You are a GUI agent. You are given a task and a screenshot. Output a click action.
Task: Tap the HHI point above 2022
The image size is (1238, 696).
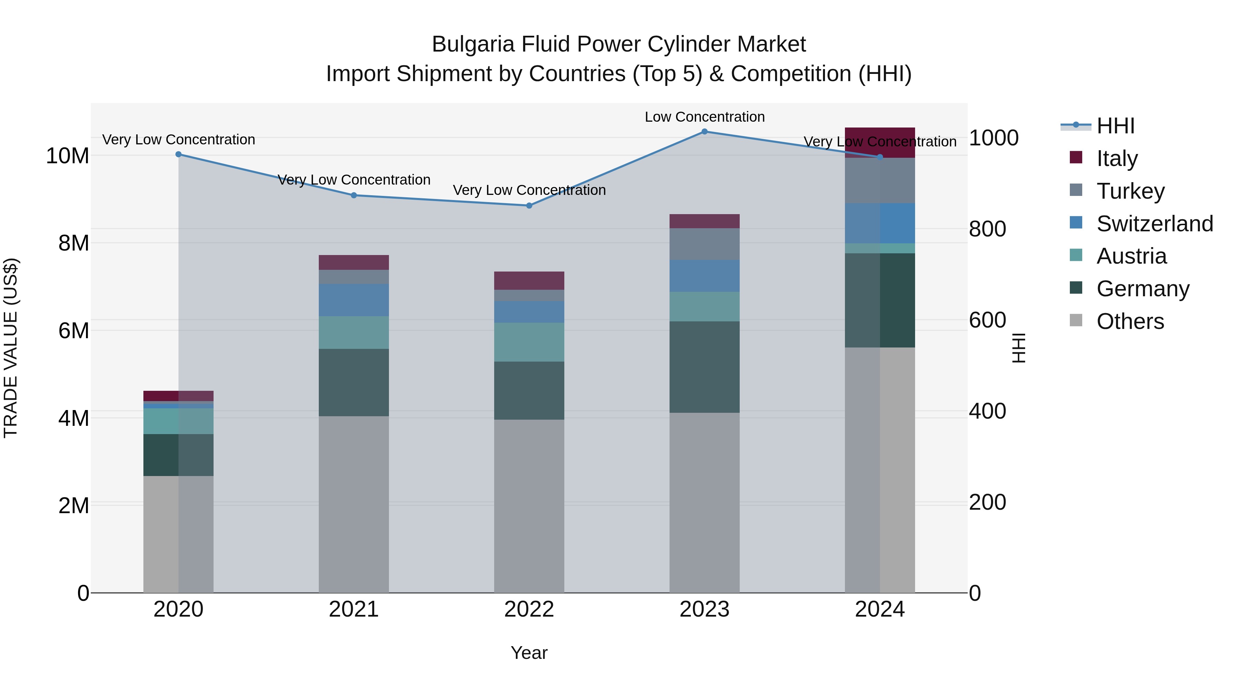click(529, 206)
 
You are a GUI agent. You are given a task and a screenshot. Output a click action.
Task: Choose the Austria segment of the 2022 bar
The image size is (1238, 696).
click(529, 342)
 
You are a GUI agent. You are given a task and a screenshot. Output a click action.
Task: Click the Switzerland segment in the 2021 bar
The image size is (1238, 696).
click(354, 300)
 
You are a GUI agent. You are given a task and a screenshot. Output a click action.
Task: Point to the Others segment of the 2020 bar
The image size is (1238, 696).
click(178, 534)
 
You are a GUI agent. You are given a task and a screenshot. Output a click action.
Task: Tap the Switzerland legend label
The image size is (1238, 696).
click(1154, 224)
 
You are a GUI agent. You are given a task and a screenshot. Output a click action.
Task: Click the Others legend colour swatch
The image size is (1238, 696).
click(1076, 320)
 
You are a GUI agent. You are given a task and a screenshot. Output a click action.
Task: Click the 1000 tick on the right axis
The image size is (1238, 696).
click(993, 138)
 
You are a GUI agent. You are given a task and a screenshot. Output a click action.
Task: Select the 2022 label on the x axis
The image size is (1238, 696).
click(529, 609)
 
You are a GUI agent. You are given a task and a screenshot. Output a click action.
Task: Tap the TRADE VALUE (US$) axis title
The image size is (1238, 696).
click(11, 348)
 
